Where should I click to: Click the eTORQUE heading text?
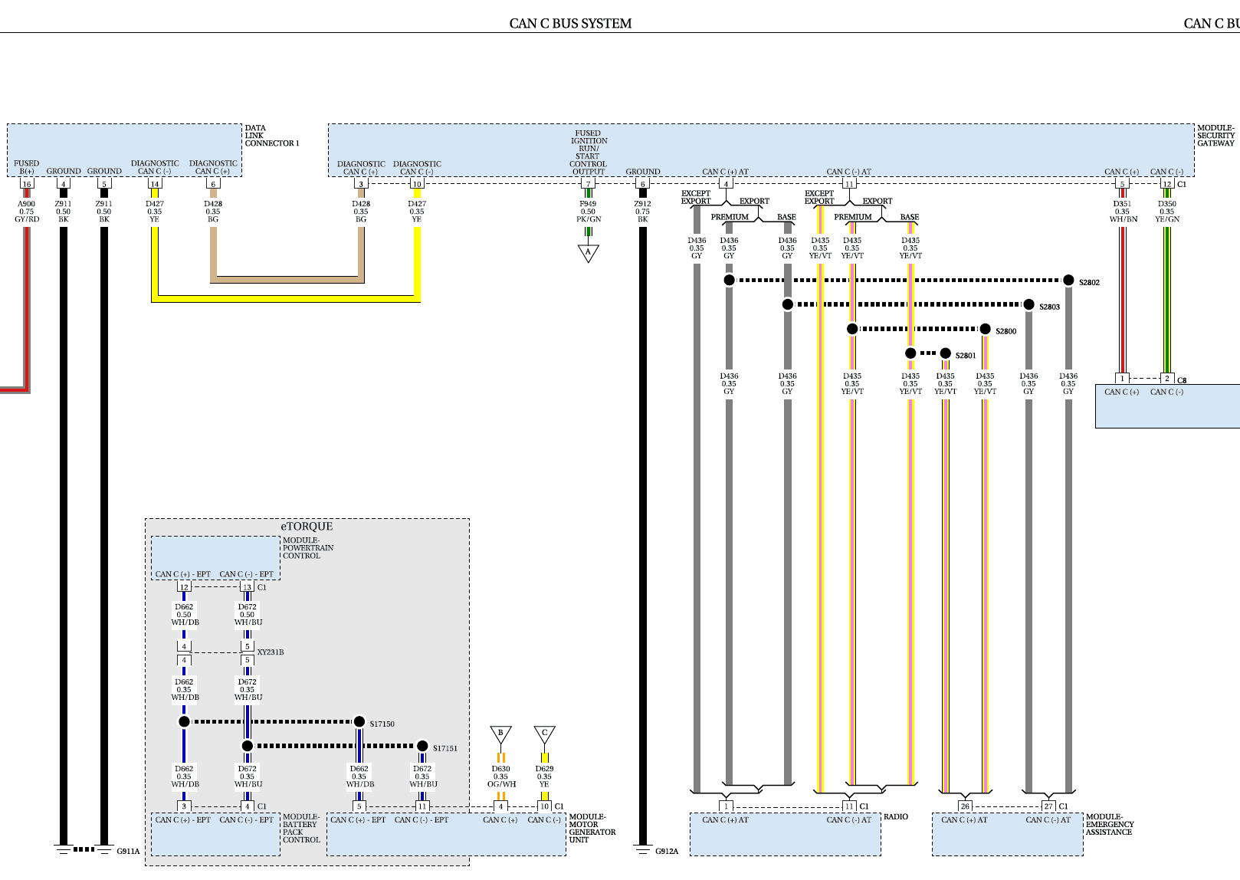coord(307,526)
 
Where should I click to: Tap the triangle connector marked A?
coord(588,253)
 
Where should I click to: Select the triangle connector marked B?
coord(500,734)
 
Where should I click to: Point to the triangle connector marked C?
coord(544,734)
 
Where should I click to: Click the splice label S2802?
coord(1089,282)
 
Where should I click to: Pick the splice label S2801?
coord(966,356)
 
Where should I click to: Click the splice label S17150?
coord(382,724)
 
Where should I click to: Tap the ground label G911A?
coord(128,851)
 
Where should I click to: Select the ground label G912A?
coord(667,851)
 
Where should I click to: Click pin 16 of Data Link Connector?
coord(27,184)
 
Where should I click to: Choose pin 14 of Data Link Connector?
coord(155,184)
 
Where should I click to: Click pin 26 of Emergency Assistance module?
coord(965,806)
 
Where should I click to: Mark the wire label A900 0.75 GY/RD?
coord(27,212)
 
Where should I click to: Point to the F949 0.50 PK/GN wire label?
coord(588,212)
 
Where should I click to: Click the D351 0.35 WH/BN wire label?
coord(1123,212)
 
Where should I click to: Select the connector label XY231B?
coord(270,652)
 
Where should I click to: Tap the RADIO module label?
coord(896,816)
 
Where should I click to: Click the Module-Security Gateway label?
coord(1215,135)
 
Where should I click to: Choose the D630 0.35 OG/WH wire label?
coord(501,777)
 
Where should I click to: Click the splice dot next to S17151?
coord(422,745)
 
